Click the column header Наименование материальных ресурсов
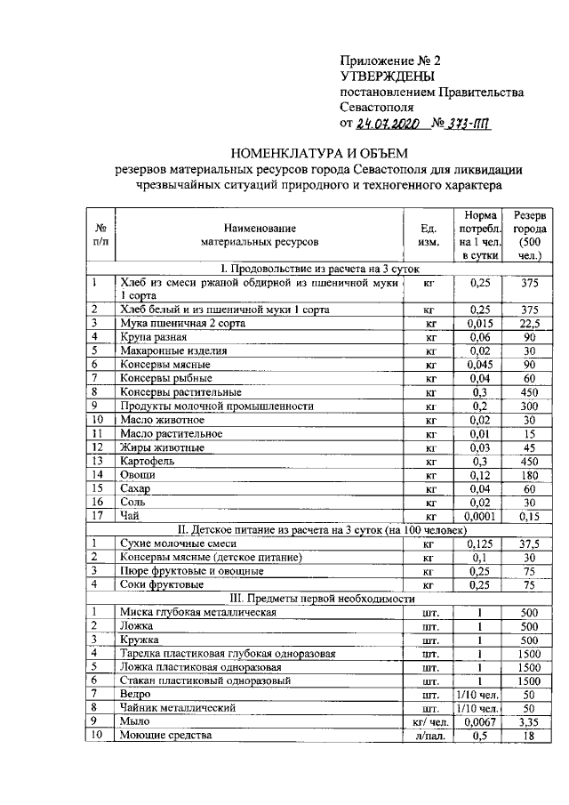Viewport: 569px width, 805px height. tap(260, 235)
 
